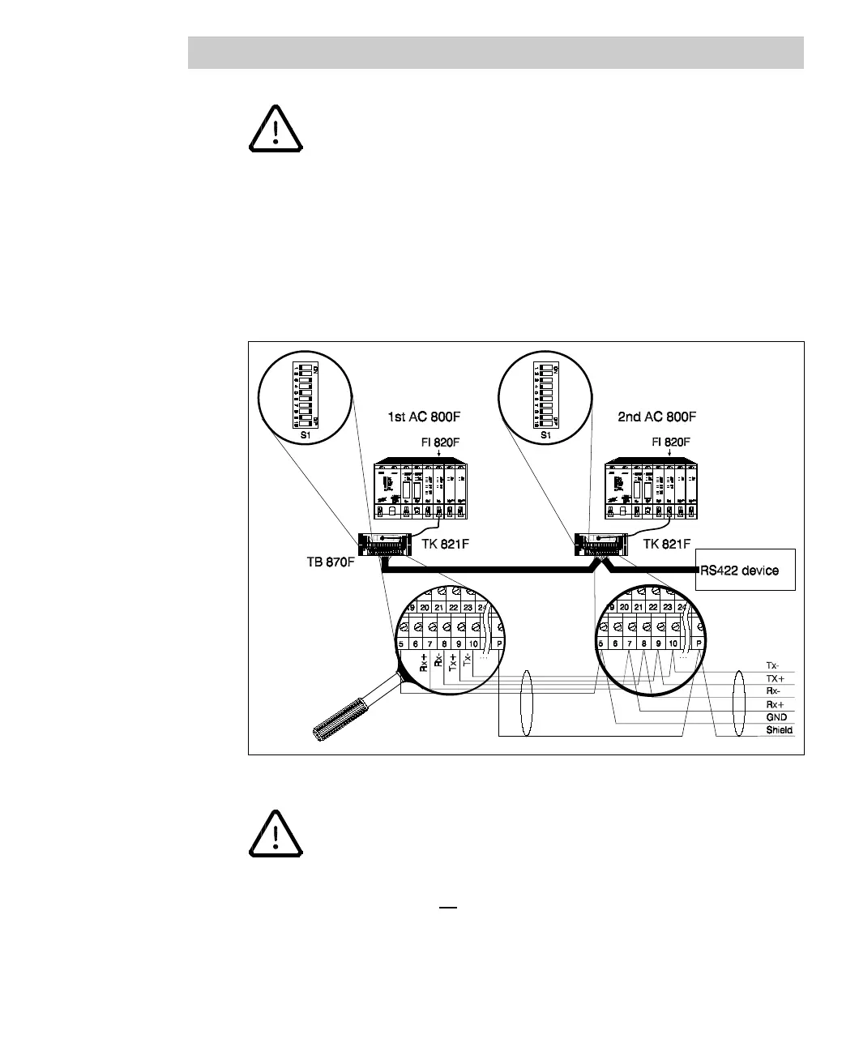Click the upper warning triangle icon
276,130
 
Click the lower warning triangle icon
276,834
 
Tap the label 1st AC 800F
424,418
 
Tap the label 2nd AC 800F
656,418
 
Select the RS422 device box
746,571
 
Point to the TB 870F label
326,561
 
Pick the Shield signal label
779,730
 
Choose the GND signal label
776,717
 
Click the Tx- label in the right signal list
774,665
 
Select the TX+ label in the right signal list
776,678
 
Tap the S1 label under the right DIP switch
546,435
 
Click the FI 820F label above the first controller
438,442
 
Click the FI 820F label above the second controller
671,442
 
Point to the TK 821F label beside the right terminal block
667,544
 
